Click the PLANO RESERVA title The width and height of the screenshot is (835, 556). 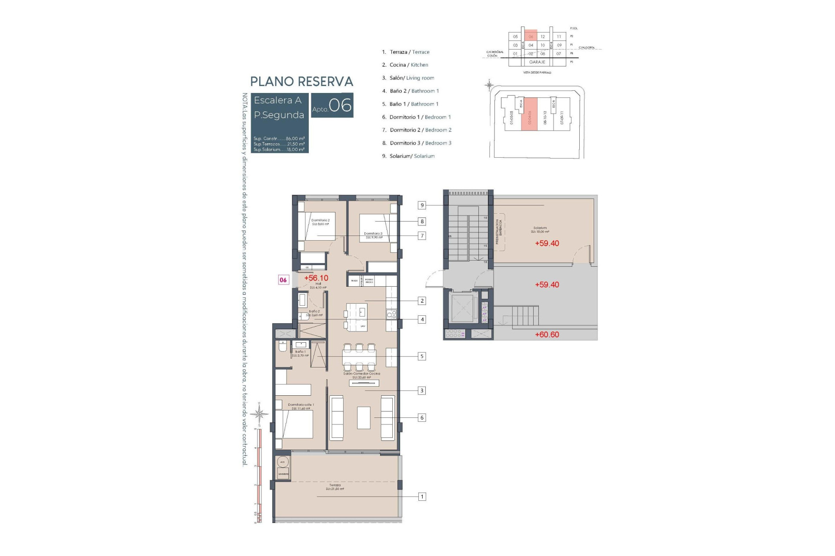301,82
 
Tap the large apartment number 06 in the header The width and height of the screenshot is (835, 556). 340,105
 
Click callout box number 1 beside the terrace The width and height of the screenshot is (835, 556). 421,496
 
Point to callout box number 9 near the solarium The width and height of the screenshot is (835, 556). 422,205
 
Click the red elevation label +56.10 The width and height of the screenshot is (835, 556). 316,278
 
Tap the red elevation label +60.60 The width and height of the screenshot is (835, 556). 547,334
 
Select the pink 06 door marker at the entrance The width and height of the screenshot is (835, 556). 283,280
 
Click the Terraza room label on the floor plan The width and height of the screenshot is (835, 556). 335,487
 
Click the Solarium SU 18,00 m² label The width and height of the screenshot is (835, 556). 540,230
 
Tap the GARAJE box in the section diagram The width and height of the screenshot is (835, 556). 537,62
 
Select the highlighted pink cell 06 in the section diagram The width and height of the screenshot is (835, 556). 531,36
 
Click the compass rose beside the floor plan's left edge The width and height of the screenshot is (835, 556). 260,414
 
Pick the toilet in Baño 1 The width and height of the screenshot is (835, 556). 283,347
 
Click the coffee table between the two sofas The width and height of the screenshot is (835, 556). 364,417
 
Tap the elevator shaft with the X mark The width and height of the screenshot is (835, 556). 463,308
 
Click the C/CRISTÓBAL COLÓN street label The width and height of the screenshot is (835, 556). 494,54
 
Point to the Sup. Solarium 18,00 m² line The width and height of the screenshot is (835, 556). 279,149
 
